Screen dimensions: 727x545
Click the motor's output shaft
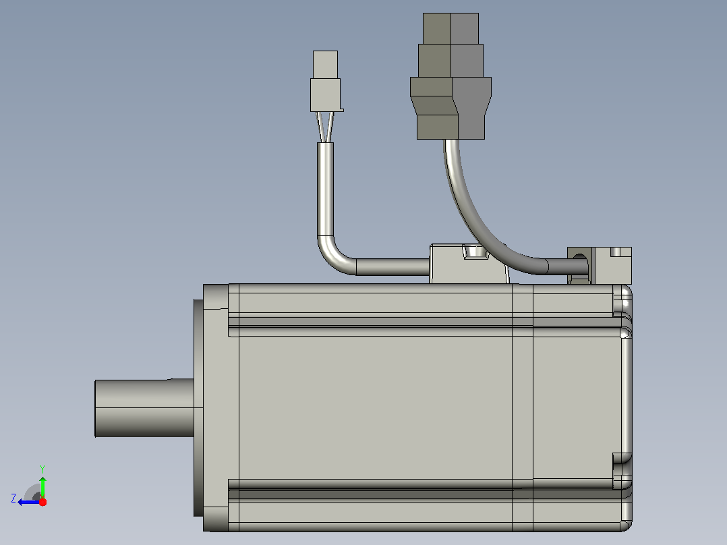[x=144, y=407]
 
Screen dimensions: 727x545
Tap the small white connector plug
[x=326, y=81]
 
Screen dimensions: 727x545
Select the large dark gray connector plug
[x=450, y=76]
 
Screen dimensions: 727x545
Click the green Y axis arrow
[x=42, y=486]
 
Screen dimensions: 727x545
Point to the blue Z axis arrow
[x=29, y=502]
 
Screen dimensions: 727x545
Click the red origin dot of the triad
[x=42, y=502]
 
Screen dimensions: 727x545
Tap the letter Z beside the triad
[x=13, y=498]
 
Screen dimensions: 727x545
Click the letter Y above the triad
[x=42, y=469]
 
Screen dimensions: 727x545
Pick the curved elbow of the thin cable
[x=333, y=258]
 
